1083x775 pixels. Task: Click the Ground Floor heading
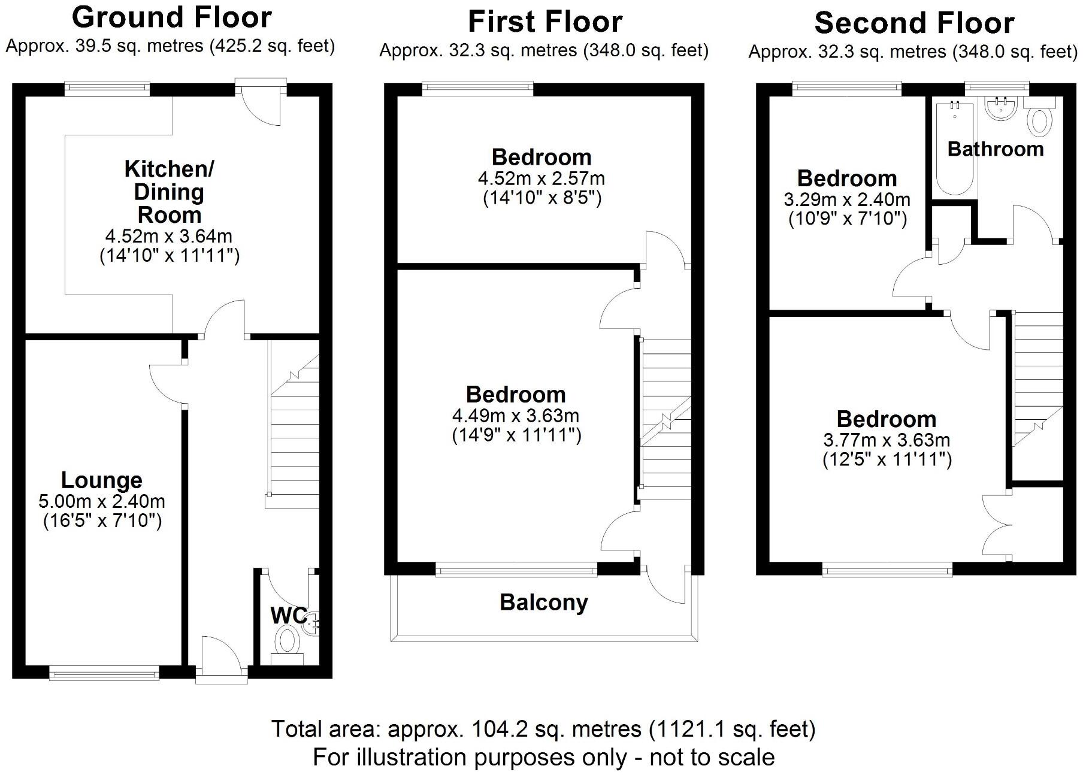(x=172, y=17)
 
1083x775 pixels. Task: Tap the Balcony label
(x=543, y=602)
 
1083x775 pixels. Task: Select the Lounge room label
(x=102, y=480)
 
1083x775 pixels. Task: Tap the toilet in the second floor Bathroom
(x=1040, y=120)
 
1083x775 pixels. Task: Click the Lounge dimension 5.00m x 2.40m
(x=102, y=501)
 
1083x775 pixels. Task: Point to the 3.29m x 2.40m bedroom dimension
(x=847, y=199)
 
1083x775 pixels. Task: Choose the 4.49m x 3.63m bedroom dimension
(x=516, y=415)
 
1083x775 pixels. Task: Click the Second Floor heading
(x=914, y=23)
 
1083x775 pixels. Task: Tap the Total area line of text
(x=543, y=729)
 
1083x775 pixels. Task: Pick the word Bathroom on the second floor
(x=995, y=149)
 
